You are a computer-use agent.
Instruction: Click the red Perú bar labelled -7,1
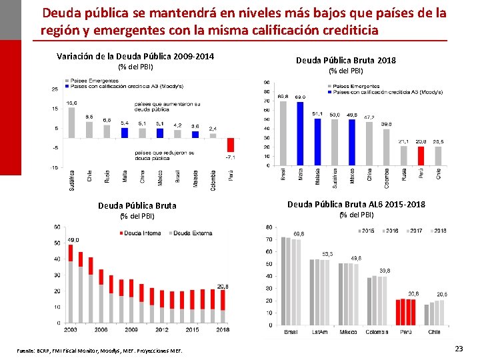(x=231, y=145)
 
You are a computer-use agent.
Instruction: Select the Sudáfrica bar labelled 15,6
(x=71, y=123)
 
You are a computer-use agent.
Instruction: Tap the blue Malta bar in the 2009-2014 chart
(x=125, y=133)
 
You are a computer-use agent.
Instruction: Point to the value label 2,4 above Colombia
(x=213, y=128)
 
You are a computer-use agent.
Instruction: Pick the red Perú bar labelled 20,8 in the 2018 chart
(x=421, y=155)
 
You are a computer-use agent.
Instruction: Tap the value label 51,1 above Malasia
(x=318, y=114)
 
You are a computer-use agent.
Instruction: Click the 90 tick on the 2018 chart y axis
(x=267, y=83)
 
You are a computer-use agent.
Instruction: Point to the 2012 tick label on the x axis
(x=162, y=329)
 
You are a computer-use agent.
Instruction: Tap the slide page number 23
(x=458, y=349)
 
